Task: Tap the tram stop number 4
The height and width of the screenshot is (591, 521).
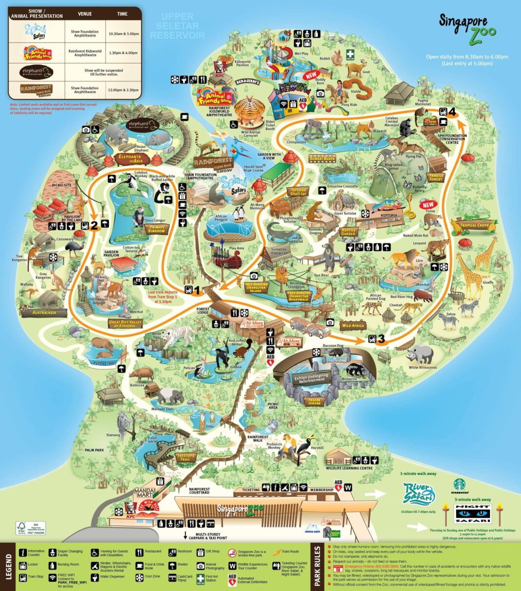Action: tap(452, 112)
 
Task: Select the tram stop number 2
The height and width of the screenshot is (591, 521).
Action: tap(94, 226)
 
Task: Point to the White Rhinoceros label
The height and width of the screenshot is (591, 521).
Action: tap(422, 367)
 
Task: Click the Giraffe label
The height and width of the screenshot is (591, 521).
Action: tap(487, 282)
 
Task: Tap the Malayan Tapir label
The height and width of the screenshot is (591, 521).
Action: tap(162, 409)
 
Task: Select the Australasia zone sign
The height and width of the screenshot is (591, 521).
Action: tap(44, 312)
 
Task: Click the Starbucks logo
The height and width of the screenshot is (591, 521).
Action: tap(459, 484)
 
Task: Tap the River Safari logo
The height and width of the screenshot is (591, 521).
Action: tap(419, 494)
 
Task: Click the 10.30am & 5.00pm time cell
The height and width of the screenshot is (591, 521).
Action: tap(122, 34)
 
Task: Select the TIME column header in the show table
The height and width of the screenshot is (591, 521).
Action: tap(122, 14)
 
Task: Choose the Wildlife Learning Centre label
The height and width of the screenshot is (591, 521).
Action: tap(350, 468)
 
